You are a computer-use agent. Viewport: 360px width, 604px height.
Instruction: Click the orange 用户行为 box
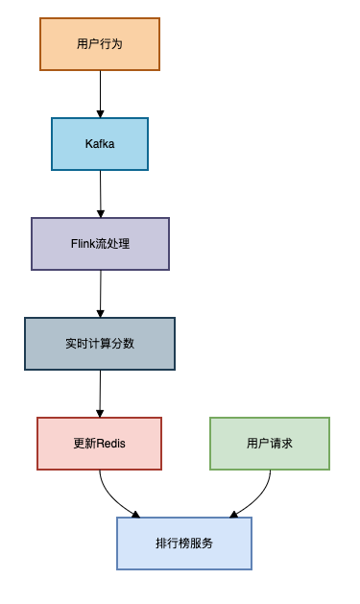(99, 44)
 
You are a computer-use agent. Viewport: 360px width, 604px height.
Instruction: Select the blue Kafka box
(100, 144)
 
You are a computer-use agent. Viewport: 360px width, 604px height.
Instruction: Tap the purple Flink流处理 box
(100, 244)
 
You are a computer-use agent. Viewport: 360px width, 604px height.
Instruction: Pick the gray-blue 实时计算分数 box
(100, 344)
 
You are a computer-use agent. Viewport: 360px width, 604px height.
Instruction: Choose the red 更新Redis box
(100, 444)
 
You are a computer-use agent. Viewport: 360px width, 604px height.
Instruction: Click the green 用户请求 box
(270, 444)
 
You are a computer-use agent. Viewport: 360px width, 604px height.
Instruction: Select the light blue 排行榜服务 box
(184, 544)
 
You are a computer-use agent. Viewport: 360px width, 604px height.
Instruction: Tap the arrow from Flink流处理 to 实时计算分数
(100, 294)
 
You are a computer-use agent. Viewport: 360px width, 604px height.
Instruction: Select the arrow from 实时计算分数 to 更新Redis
(100, 394)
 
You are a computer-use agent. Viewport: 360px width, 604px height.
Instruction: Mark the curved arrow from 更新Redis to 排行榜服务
(112, 498)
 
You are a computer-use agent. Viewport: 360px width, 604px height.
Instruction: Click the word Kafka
(100, 144)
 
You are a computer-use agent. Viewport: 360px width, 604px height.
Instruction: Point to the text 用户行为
(99, 44)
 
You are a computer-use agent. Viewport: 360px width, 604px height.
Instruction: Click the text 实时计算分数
(100, 344)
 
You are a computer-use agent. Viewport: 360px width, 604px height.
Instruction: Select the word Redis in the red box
(111, 444)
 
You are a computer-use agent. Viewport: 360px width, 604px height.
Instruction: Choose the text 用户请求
(270, 444)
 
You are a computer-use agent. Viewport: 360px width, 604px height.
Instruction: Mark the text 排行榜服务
(184, 544)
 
